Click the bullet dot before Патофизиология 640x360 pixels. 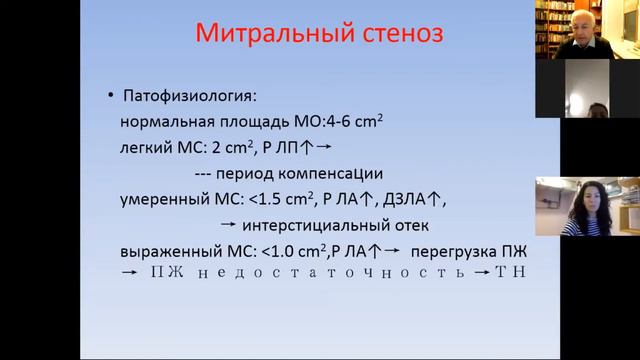pyautogui.click(x=111, y=96)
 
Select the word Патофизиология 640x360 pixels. pyautogui.click(x=189, y=96)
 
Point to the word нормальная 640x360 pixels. pyautogui.click(x=162, y=122)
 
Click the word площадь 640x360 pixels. pyautogui.click(x=249, y=122)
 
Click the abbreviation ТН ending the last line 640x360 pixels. pyautogui.click(x=511, y=272)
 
